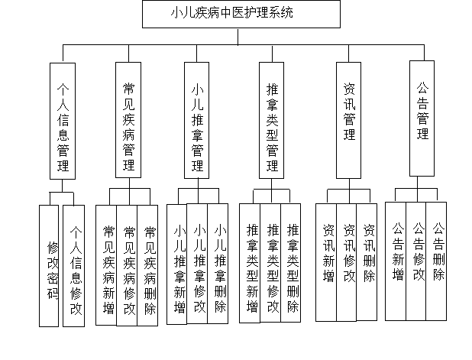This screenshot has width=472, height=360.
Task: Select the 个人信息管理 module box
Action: [x=63, y=121]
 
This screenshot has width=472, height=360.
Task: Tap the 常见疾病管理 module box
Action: [x=129, y=119]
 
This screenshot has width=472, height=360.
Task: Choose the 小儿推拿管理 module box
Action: [x=197, y=120]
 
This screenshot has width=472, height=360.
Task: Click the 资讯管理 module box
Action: [x=349, y=119]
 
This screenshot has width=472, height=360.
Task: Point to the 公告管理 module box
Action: [x=422, y=117]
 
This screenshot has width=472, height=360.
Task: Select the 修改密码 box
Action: [x=53, y=264]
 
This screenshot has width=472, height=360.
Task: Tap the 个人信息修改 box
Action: [x=75, y=264]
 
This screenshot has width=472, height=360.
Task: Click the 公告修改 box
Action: [x=418, y=260]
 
